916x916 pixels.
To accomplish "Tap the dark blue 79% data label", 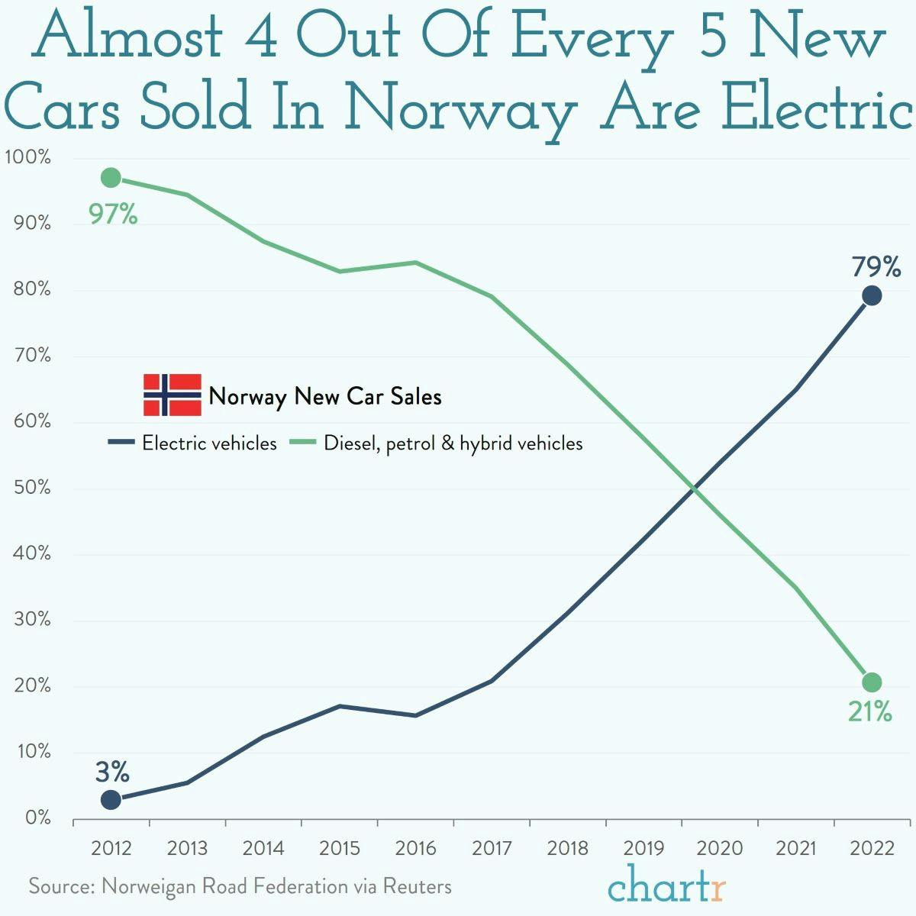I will click(x=876, y=267).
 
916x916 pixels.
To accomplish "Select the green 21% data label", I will click(x=869, y=711).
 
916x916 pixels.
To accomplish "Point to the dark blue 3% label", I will click(x=112, y=772).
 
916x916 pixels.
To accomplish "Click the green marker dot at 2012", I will click(x=111, y=178).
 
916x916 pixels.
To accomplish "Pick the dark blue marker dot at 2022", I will click(x=872, y=295).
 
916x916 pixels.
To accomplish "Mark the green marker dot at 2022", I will click(x=872, y=682).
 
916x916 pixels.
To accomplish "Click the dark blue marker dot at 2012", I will click(x=111, y=799).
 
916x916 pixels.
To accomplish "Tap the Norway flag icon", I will click(x=173, y=395).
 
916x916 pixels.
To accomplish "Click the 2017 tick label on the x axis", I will click(x=492, y=848).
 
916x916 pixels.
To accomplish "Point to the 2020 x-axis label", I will click(x=720, y=848).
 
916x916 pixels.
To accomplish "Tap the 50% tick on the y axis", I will click(x=32, y=488).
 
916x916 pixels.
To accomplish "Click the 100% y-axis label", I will click(x=27, y=158).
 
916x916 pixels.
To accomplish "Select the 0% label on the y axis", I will click(x=37, y=818).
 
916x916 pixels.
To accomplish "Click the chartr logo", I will click(x=666, y=887).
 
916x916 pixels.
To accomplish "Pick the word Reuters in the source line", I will click(x=417, y=886).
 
